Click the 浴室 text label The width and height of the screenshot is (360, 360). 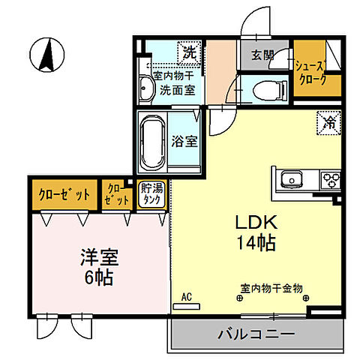(x=184, y=140)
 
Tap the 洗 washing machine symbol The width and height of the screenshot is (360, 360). (x=189, y=53)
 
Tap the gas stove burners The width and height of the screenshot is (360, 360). (x=330, y=180)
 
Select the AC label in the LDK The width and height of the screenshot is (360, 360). (x=187, y=297)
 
